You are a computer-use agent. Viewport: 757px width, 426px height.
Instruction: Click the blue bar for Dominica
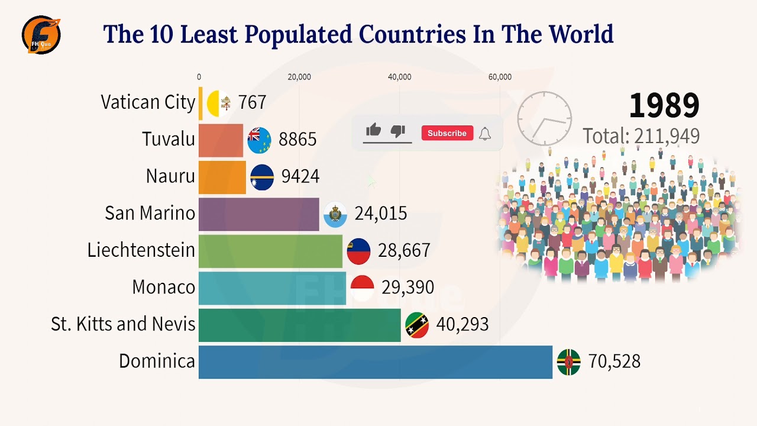pyautogui.click(x=375, y=362)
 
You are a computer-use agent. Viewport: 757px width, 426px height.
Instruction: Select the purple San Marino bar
pyautogui.click(x=258, y=214)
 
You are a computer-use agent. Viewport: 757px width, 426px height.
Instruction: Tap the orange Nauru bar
pyautogui.click(x=222, y=177)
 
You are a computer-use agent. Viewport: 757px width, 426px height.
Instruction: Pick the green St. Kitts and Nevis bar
pyautogui.click(x=299, y=325)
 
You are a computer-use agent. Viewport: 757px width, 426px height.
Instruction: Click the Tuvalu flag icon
pyautogui.click(x=259, y=140)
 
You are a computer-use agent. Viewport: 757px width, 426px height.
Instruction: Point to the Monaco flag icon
pyautogui.click(x=362, y=288)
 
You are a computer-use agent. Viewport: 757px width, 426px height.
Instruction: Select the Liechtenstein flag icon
pyautogui.click(x=358, y=251)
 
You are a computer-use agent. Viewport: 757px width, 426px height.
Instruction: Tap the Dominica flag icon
pyautogui.click(x=568, y=362)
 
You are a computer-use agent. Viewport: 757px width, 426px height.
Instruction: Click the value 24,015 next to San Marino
pyautogui.click(x=380, y=214)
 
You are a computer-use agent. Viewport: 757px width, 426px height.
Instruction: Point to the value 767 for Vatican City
pyautogui.click(x=252, y=103)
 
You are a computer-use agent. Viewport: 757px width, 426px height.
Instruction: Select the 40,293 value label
pyautogui.click(x=462, y=325)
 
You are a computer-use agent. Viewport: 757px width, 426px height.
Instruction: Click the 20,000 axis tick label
pyautogui.click(x=299, y=77)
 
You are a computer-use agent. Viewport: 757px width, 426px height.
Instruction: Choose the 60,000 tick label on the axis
pyautogui.click(x=500, y=77)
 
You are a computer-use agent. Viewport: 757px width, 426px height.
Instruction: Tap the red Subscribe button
pyautogui.click(x=447, y=133)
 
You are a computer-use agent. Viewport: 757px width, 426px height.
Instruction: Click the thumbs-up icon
pyautogui.click(x=373, y=131)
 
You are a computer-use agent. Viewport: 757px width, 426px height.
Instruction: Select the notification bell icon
pyautogui.click(x=485, y=133)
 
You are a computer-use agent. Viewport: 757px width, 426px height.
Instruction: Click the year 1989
pyautogui.click(x=664, y=106)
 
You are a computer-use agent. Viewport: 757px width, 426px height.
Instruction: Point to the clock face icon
pyautogui.click(x=544, y=118)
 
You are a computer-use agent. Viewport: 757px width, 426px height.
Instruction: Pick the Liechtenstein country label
pyautogui.click(x=141, y=250)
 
